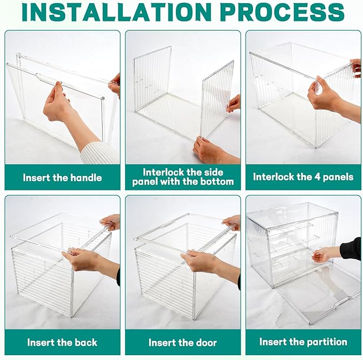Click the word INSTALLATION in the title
117,12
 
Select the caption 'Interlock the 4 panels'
303,177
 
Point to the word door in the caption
206,343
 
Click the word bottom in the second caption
218,182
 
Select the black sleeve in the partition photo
350,249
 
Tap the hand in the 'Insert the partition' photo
323,255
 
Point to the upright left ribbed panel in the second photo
152,79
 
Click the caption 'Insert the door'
183,343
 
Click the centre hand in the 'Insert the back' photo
80,259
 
